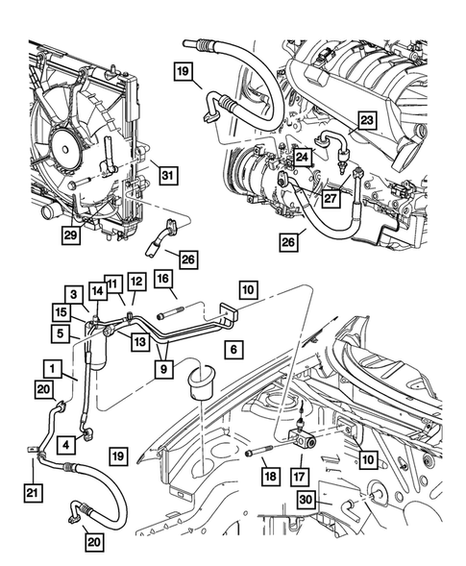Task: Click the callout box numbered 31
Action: click(x=167, y=174)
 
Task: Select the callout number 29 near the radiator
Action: click(x=70, y=234)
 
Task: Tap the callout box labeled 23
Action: click(x=367, y=120)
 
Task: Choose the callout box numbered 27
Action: click(x=331, y=199)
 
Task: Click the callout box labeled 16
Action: click(x=164, y=280)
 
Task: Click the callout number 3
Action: click(x=73, y=294)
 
